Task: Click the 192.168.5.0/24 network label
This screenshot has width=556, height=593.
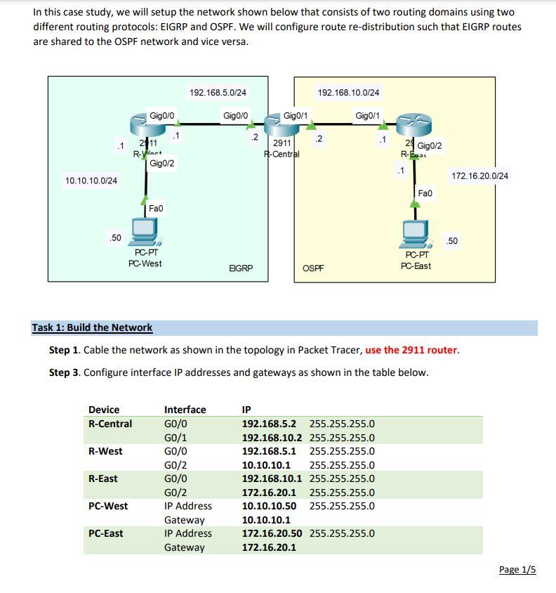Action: click(218, 92)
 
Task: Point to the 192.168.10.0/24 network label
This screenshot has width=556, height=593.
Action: click(348, 92)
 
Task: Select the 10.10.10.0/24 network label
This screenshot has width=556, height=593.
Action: click(91, 181)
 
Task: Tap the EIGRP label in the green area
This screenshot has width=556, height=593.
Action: click(241, 268)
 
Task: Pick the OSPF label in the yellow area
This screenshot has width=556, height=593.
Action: click(313, 268)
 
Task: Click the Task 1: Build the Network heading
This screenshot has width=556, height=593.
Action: click(92, 327)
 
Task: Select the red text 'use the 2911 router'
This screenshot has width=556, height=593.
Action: click(411, 350)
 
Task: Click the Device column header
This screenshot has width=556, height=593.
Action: click(104, 410)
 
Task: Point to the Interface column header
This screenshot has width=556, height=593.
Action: click(185, 410)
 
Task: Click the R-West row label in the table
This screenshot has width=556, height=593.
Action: click(105, 451)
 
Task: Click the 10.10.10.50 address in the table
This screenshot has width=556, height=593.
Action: click(269, 506)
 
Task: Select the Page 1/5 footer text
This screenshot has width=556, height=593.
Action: click(517, 569)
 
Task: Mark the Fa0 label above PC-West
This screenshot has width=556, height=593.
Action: click(156, 209)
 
